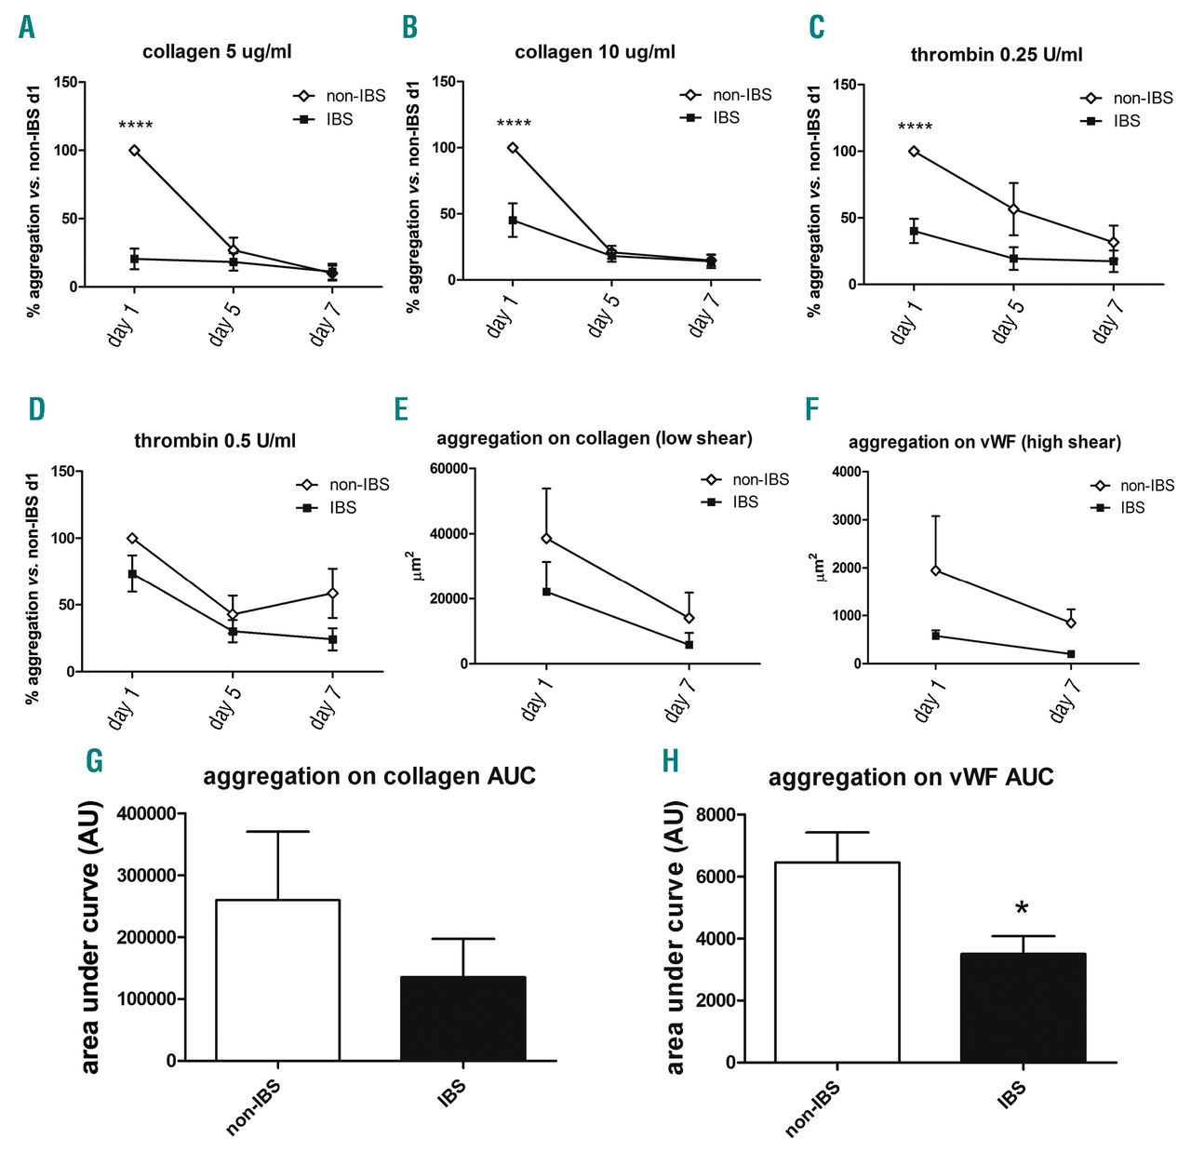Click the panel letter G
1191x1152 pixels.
pos(94,761)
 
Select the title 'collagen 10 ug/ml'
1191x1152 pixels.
pos(595,52)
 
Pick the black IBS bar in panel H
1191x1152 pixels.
pos(1023,1007)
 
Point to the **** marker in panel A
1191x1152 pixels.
pos(136,126)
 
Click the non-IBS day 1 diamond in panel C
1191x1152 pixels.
pos(914,151)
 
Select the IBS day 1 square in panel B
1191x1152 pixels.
pos(513,220)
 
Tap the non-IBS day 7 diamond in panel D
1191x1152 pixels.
pos(332,593)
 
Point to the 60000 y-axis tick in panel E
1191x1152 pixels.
pos(448,469)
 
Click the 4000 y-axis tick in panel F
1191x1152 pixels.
pos(845,472)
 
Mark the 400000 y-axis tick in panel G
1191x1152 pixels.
pos(147,814)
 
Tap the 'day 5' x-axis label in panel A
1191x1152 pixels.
pos(225,322)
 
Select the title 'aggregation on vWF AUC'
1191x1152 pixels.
pos(910,777)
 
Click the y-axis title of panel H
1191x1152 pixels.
pos(676,938)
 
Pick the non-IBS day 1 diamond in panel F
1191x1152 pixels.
pos(935,570)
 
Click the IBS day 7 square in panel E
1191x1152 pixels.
pos(689,644)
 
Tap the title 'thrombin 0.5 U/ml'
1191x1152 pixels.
pos(215,440)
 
